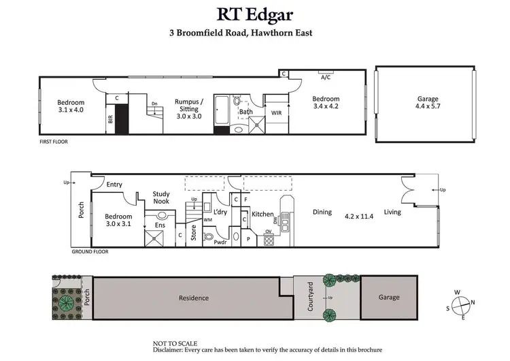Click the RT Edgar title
click(x=254, y=14)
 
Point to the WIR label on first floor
click(x=276, y=113)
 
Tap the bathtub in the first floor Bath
click(x=223, y=110)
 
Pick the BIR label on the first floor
click(x=110, y=119)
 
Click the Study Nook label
click(x=161, y=198)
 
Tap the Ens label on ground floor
click(x=160, y=225)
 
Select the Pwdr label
click(x=220, y=242)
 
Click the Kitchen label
click(x=262, y=215)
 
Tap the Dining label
click(x=322, y=213)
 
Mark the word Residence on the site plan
click(x=194, y=298)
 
